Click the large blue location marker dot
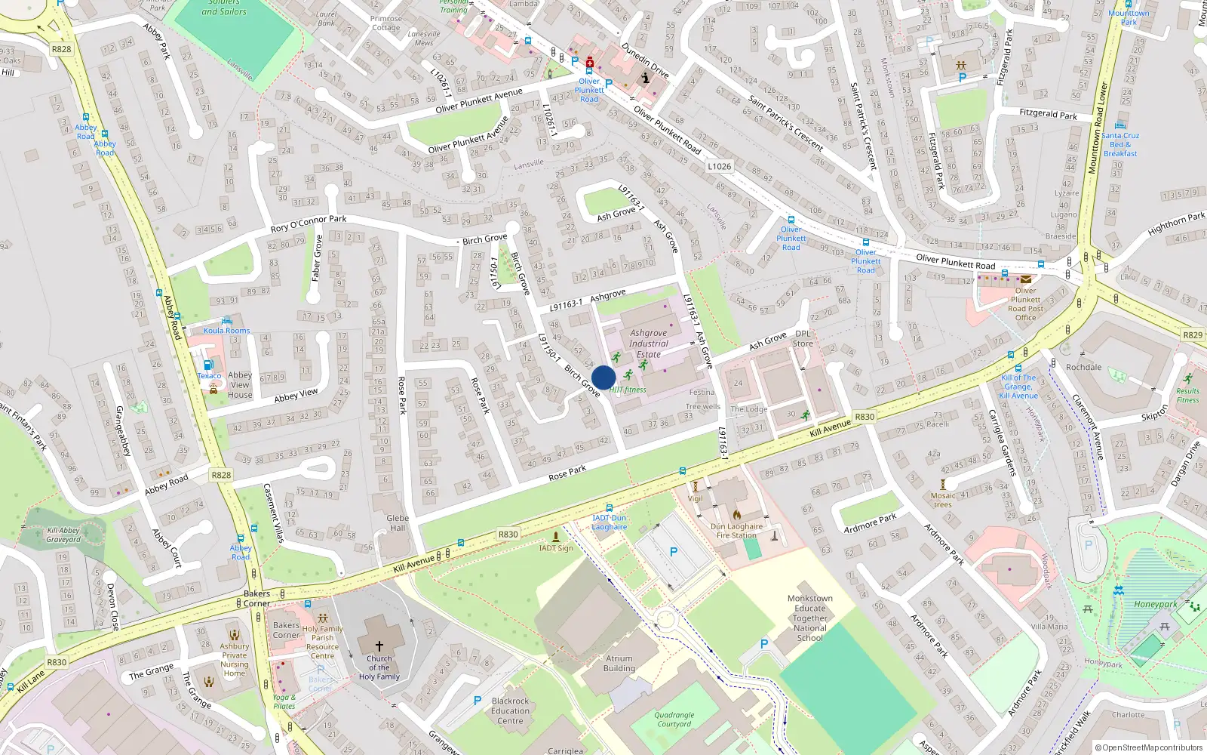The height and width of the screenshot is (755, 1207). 603,377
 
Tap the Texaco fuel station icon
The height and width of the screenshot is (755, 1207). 209,365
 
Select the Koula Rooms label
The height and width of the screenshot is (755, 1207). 226,331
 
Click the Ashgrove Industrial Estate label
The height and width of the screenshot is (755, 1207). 649,344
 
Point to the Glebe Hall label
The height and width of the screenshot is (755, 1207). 398,522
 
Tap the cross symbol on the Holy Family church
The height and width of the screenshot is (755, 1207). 379,646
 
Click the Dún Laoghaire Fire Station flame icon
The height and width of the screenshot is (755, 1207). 737,515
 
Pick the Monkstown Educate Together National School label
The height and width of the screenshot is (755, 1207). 810,618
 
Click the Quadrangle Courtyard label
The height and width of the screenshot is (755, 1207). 674,720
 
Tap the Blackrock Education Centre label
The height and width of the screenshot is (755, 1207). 510,710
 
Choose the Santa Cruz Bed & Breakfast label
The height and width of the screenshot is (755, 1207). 1120,144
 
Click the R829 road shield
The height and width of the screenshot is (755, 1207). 1193,334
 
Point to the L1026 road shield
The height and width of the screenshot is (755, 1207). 719,166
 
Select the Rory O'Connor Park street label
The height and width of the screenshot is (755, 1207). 309,223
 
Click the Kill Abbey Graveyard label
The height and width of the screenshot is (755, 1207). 63,535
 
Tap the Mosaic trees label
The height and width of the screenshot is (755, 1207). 943,500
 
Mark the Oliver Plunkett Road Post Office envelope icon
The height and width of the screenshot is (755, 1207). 1026,279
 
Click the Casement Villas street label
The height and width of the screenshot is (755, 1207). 273,513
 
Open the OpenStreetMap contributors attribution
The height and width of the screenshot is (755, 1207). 1149,748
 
